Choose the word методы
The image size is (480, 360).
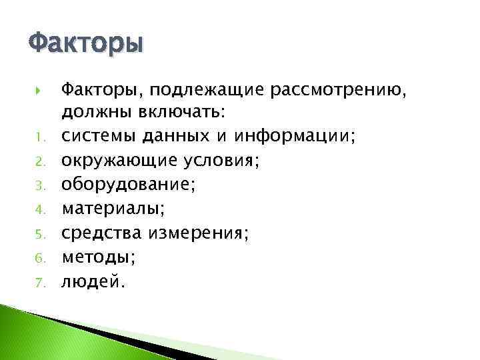click(93, 257)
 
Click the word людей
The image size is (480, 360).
click(91, 281)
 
